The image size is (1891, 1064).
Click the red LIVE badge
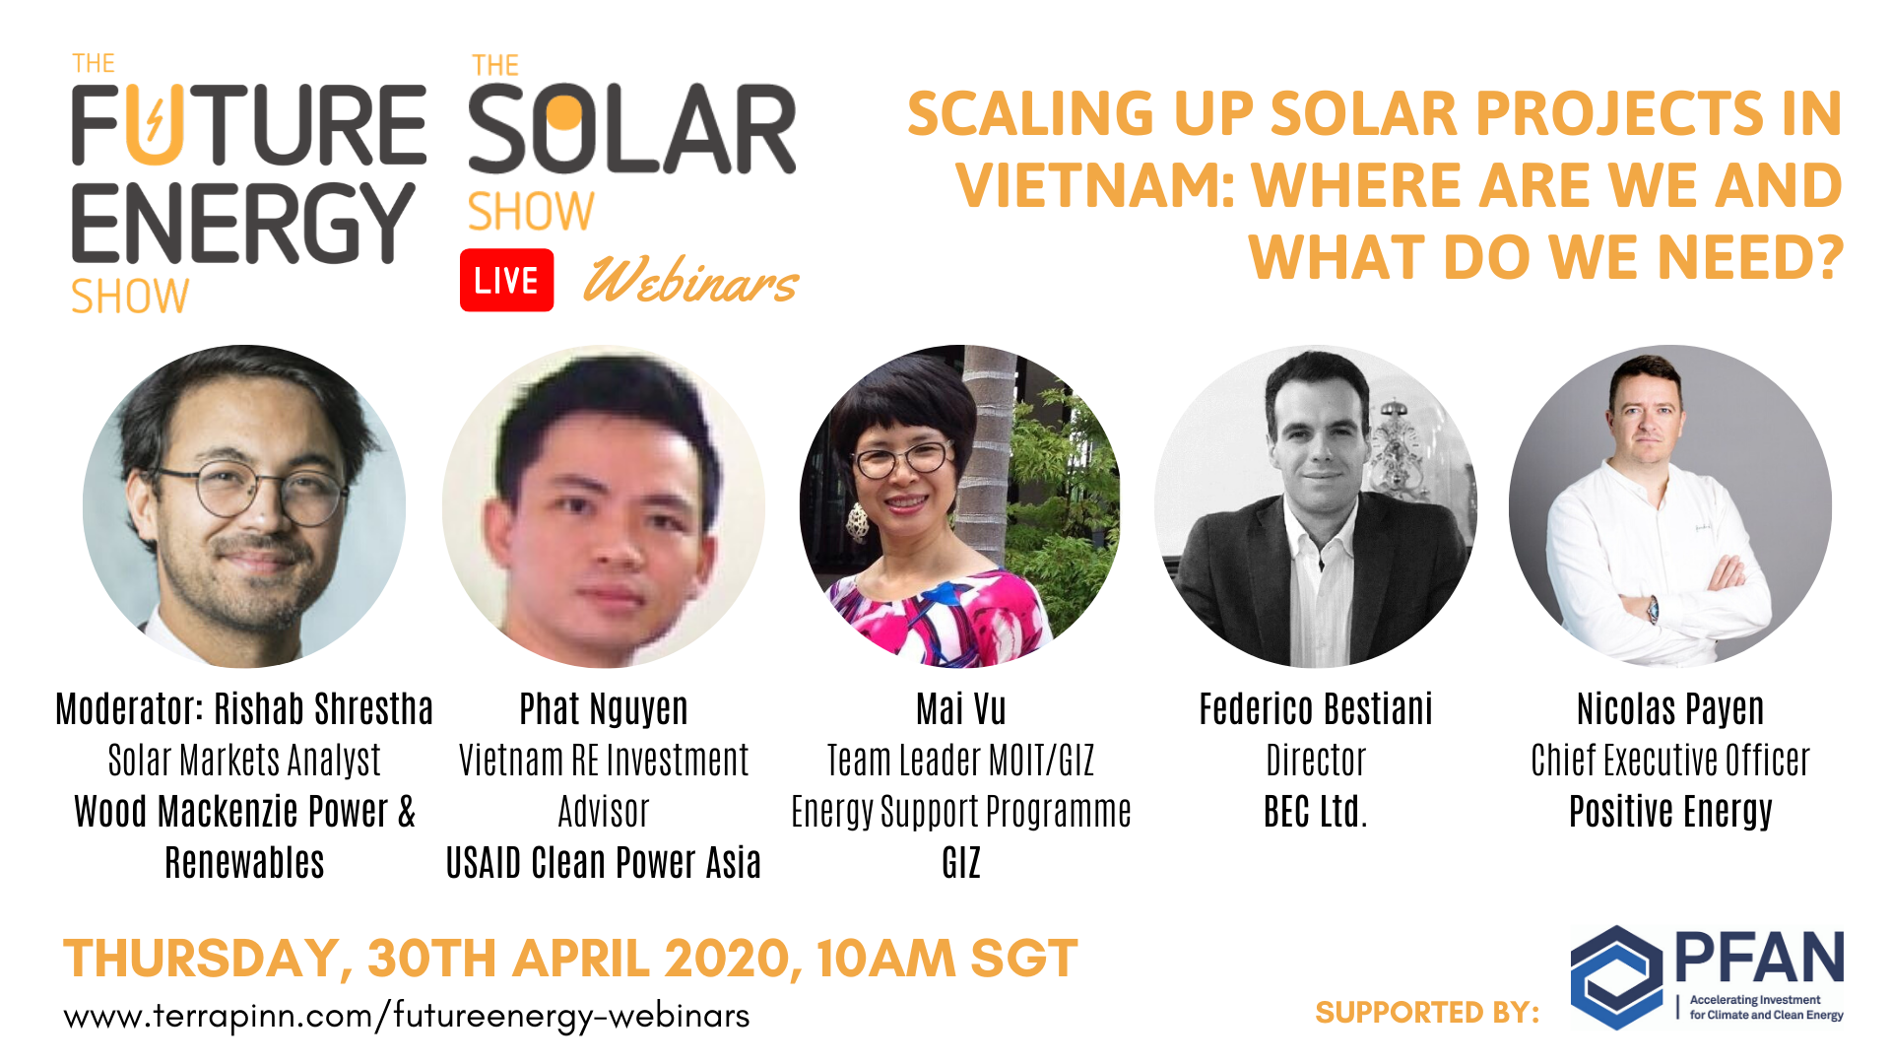(x=506, y=281)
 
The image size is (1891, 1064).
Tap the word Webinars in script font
(x=690, y=281)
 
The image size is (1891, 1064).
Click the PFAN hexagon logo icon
(x=1616, y=977)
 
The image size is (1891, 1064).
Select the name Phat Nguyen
(x=604, y=709)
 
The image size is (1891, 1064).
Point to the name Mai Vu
(x=961, y=709)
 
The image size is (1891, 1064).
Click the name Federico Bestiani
(x=1316, y=709)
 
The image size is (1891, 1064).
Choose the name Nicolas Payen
(x=1670, y=709)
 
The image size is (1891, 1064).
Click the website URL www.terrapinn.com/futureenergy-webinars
(x=407, y=1016)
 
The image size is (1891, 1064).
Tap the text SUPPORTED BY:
(x=1427, y=1012)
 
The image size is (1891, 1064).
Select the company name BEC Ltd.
(x=1316, y=812)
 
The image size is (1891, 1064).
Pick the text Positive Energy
(x=1670, y=812)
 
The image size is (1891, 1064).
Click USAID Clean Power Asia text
(x=604, y=863)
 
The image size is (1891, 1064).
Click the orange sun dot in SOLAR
(x=564, y=112)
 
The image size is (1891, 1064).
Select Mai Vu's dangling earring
(x=858, y=522)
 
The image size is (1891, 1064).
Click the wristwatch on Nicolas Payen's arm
(x=1652, y=609)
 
